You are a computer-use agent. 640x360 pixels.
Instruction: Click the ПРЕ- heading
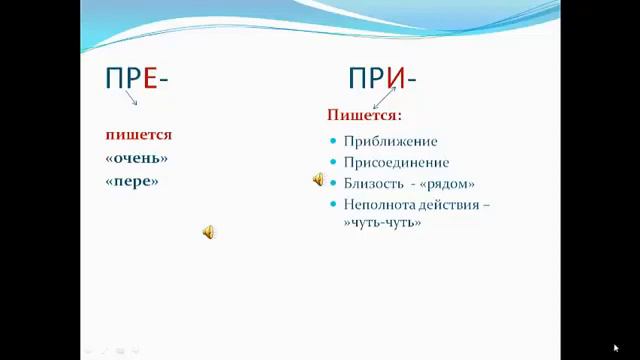coord(136,79)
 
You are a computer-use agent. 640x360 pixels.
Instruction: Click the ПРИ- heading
coord(383,79)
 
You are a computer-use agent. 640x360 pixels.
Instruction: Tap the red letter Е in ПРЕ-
coord(150,79)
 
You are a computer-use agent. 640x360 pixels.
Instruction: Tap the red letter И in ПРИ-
coord(398,79)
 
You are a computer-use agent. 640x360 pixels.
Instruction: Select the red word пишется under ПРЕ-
coord(139,134)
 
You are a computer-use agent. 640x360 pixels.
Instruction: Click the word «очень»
coord(136,158)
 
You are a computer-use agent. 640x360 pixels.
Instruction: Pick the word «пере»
coord(132,181)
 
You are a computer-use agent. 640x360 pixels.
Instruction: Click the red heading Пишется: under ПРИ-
coord(364,116)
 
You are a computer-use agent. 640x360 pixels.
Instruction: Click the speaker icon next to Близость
coord(318,180)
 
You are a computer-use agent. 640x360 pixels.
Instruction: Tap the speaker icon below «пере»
coord(208,232)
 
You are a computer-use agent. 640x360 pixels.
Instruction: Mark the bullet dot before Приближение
coord(332,141)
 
